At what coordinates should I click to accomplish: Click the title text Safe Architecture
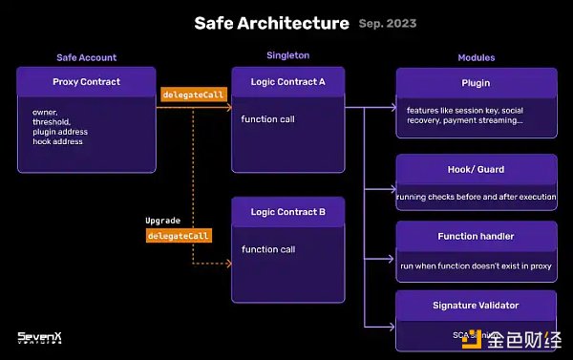click(271, 22)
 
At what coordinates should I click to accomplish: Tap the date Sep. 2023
click(389, 23)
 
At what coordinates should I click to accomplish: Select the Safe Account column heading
click(86, 57)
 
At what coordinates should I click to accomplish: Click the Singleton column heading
click(287, 55)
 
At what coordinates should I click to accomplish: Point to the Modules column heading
click(476, 57)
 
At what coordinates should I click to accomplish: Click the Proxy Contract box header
click(87, 82)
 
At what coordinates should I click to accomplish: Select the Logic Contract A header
click(287, 82)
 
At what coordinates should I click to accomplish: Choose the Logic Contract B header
click(287, 211)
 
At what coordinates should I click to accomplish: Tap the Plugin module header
click(476, 83)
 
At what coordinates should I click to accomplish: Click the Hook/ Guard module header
click(476, 169)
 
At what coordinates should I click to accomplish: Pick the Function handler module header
click(476, 236)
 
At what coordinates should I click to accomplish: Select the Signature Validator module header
click(476, 305)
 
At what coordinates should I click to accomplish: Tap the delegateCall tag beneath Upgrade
click(179, 235)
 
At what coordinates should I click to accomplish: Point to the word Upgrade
click(162, 221)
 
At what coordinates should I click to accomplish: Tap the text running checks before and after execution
click(476, 195)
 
